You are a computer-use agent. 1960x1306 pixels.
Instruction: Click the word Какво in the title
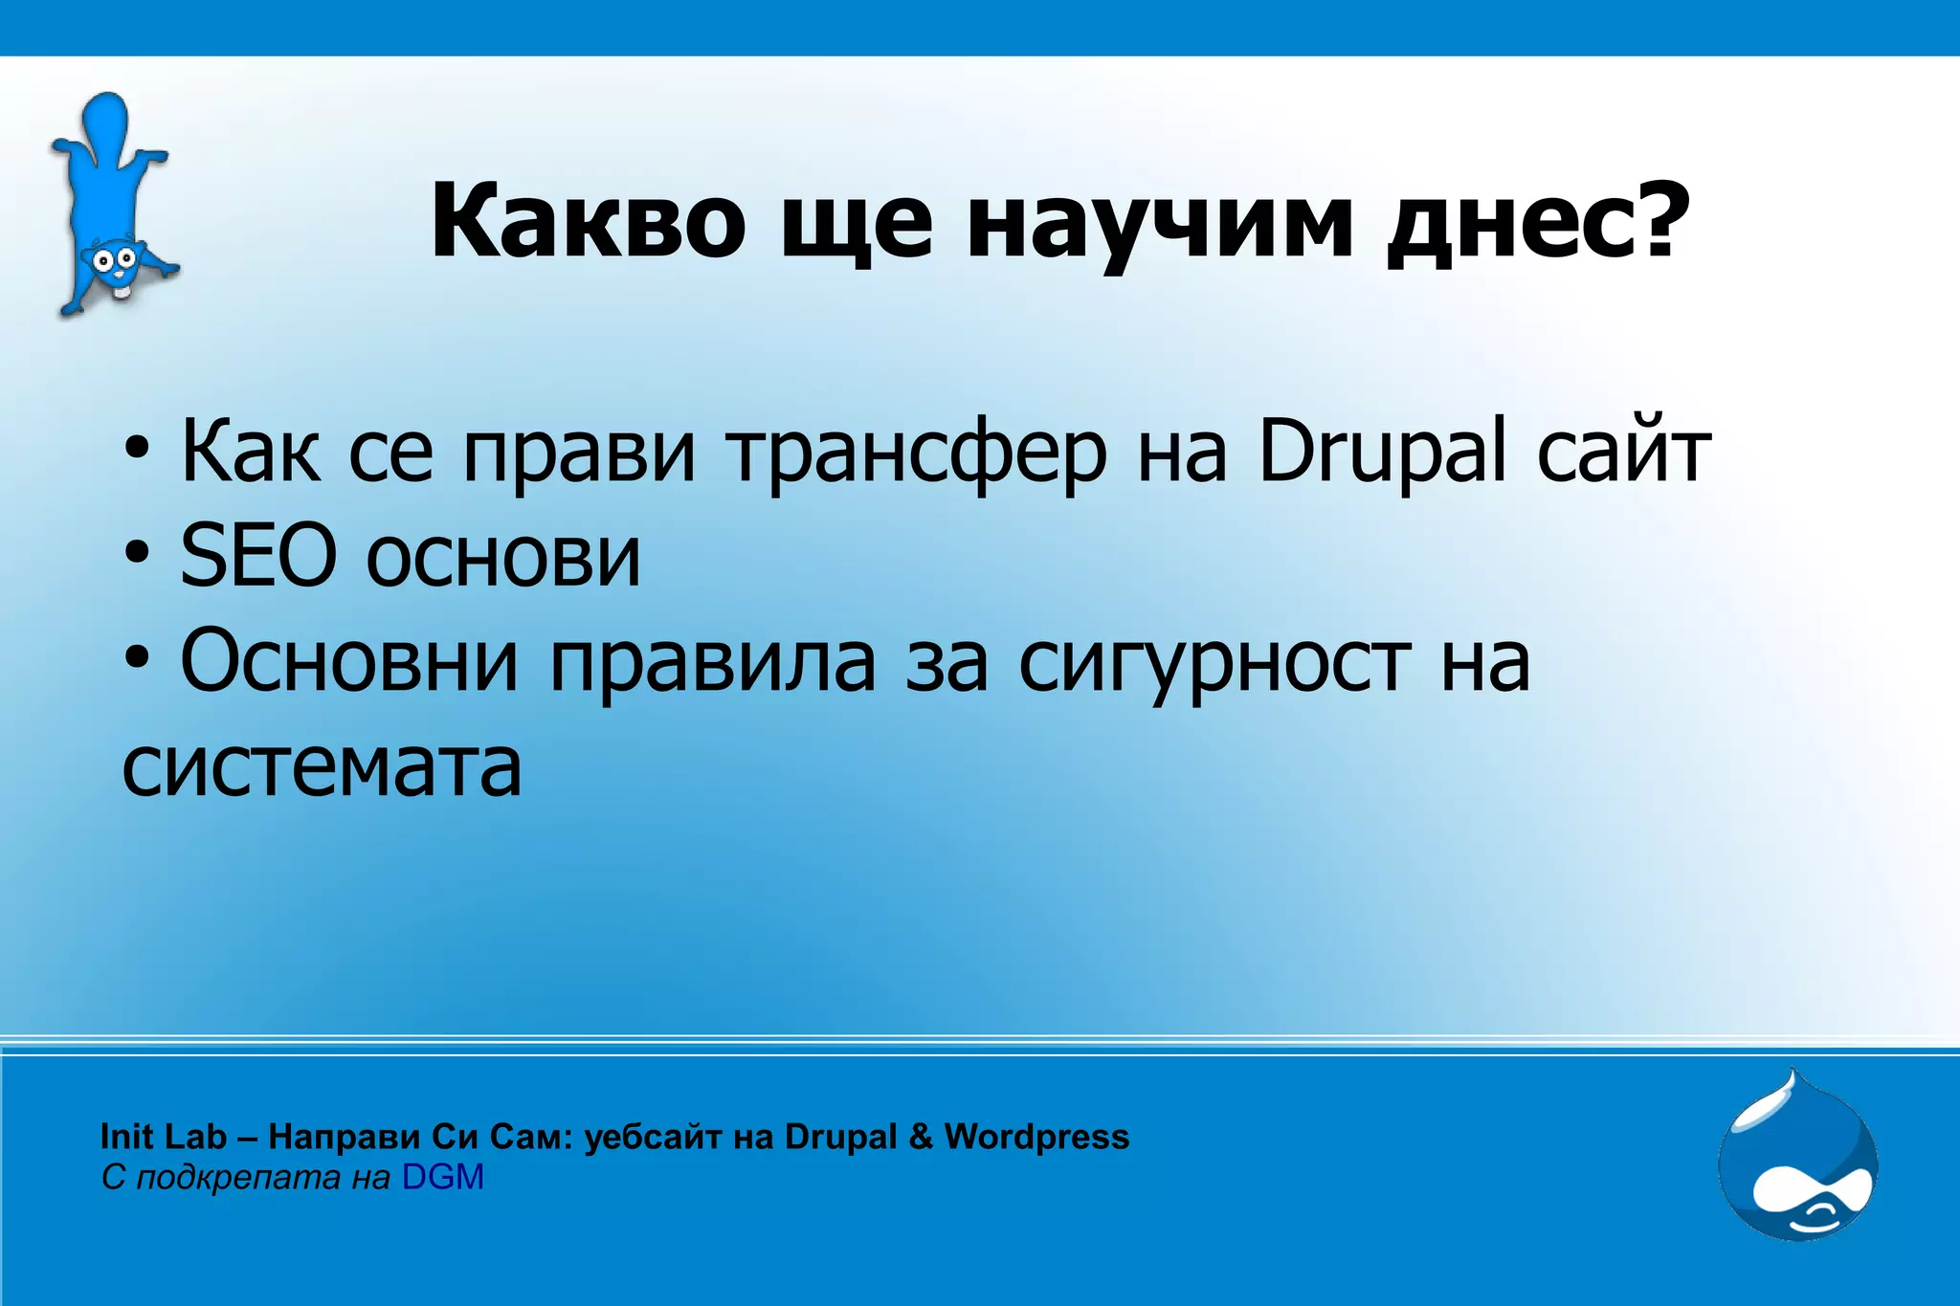tap(587, 221)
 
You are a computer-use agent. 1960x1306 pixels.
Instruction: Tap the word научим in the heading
tap(1160, 226)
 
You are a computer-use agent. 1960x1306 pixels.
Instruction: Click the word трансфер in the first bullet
tap(916, 454)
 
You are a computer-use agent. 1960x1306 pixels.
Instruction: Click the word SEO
tap(258, 556)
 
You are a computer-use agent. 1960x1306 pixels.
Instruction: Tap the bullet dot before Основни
tap(137, 657)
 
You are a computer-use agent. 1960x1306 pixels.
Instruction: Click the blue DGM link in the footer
tap(442, 1177)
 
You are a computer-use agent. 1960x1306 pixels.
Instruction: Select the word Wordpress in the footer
tap(1036, 1137)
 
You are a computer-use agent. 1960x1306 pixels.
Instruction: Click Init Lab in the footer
tap(163, 1137)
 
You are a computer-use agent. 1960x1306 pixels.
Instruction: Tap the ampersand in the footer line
tap(920, 1137)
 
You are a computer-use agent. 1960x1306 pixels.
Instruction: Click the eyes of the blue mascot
tap(112, 258)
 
